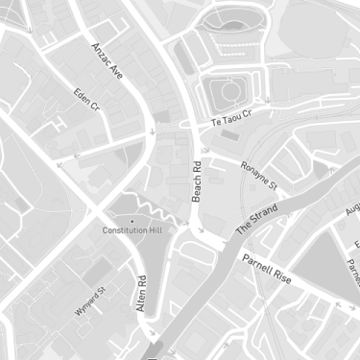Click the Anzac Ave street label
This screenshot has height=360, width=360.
pyautogui.click(x=108, y=60)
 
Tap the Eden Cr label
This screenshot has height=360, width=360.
pyautogui.click(x=86, y=101)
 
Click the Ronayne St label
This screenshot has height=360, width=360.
pyautogui.click(x=258, y=175)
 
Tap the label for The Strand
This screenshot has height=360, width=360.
pyautogui.click(x=256, y=219)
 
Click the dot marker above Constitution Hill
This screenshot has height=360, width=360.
pyautogui.click(x=132, y=221)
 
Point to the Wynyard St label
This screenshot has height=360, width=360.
pyautogui.click(x=89, y=300)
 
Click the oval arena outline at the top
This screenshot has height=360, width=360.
pyautogui.click(x=231, y=19)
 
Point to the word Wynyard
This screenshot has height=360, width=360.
pyautogui.click(x=85, y=303)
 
